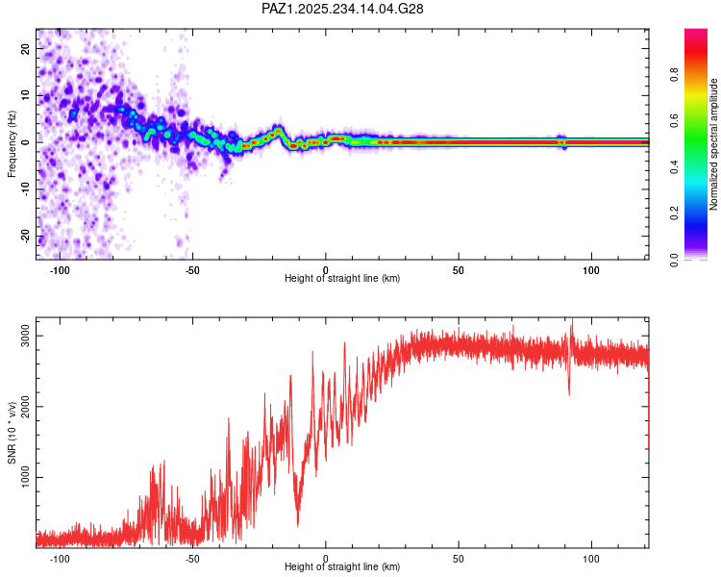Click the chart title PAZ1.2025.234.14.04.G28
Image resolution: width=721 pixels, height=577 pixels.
[342, 9]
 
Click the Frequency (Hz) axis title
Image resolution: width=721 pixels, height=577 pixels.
[12, 143]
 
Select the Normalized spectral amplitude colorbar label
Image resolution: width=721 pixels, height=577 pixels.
[713, 144]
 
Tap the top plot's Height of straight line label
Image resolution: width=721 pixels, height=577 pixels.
[342, 278]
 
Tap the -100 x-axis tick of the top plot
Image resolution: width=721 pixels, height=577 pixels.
[61, 269]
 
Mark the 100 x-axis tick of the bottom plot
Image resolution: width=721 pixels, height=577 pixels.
[591, 558]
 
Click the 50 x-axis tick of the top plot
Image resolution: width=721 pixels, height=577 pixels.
[459, 269]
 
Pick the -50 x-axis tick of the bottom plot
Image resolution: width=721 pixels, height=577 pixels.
[192, 558]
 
